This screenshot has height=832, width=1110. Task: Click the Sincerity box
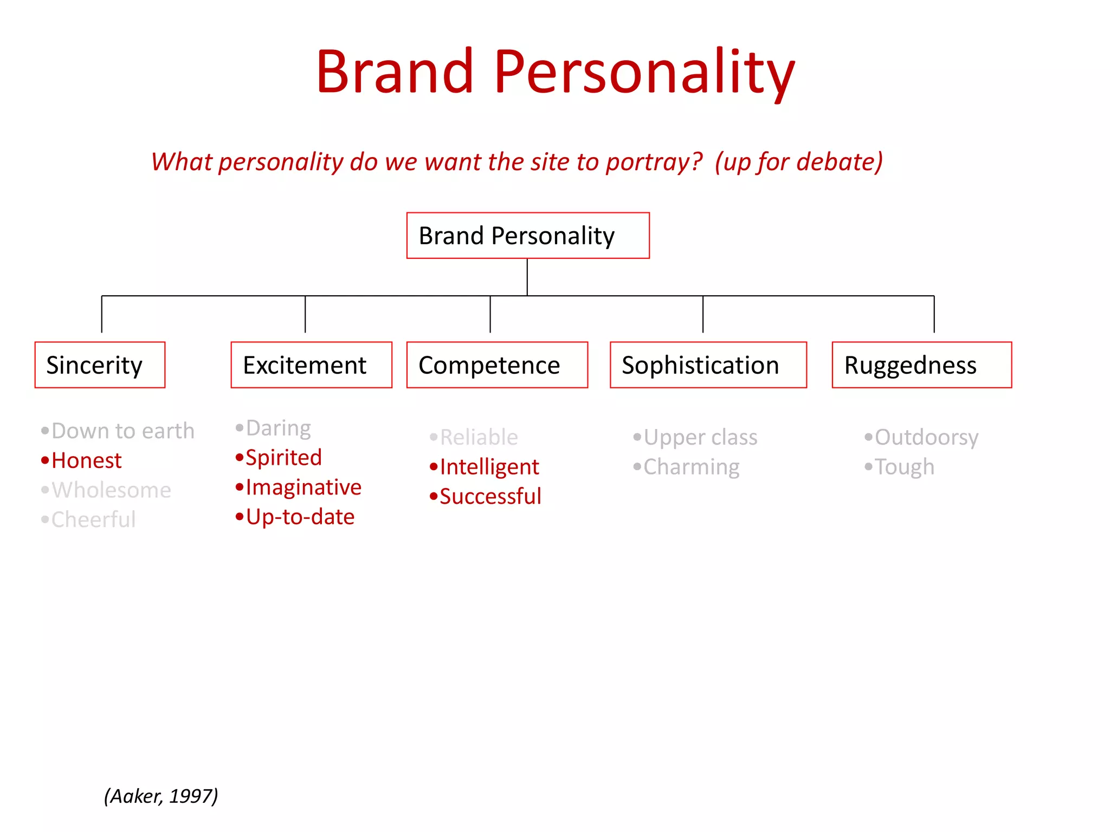point(100,365)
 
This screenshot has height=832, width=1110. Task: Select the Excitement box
point(311,365)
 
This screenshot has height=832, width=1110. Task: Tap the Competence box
point(497,365)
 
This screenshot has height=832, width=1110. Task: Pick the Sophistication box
point(708,365)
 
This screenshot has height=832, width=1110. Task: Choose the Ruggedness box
point(921,365)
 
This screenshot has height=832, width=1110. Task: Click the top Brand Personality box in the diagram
point(528,236)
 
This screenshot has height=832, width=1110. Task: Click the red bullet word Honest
point(86,460)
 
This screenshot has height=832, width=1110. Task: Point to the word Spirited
point(283,458)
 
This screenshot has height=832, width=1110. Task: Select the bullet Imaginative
point(304,487)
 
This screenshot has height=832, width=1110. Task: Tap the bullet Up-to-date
point(300,517)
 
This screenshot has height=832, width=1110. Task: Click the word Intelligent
point(489,467)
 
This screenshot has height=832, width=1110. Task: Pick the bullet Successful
point(490,496)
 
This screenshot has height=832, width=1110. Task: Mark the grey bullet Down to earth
point(122,431)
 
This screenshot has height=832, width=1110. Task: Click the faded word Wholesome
point(111,490)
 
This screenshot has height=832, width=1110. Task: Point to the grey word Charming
point(691,467)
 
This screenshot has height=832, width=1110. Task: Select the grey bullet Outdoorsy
point(926,437)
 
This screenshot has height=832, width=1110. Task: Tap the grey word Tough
point(904,467)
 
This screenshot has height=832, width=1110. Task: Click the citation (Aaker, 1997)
point(161,796)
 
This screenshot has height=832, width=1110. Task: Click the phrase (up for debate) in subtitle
point(799,162)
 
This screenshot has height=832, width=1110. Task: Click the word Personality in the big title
point(644,72)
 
